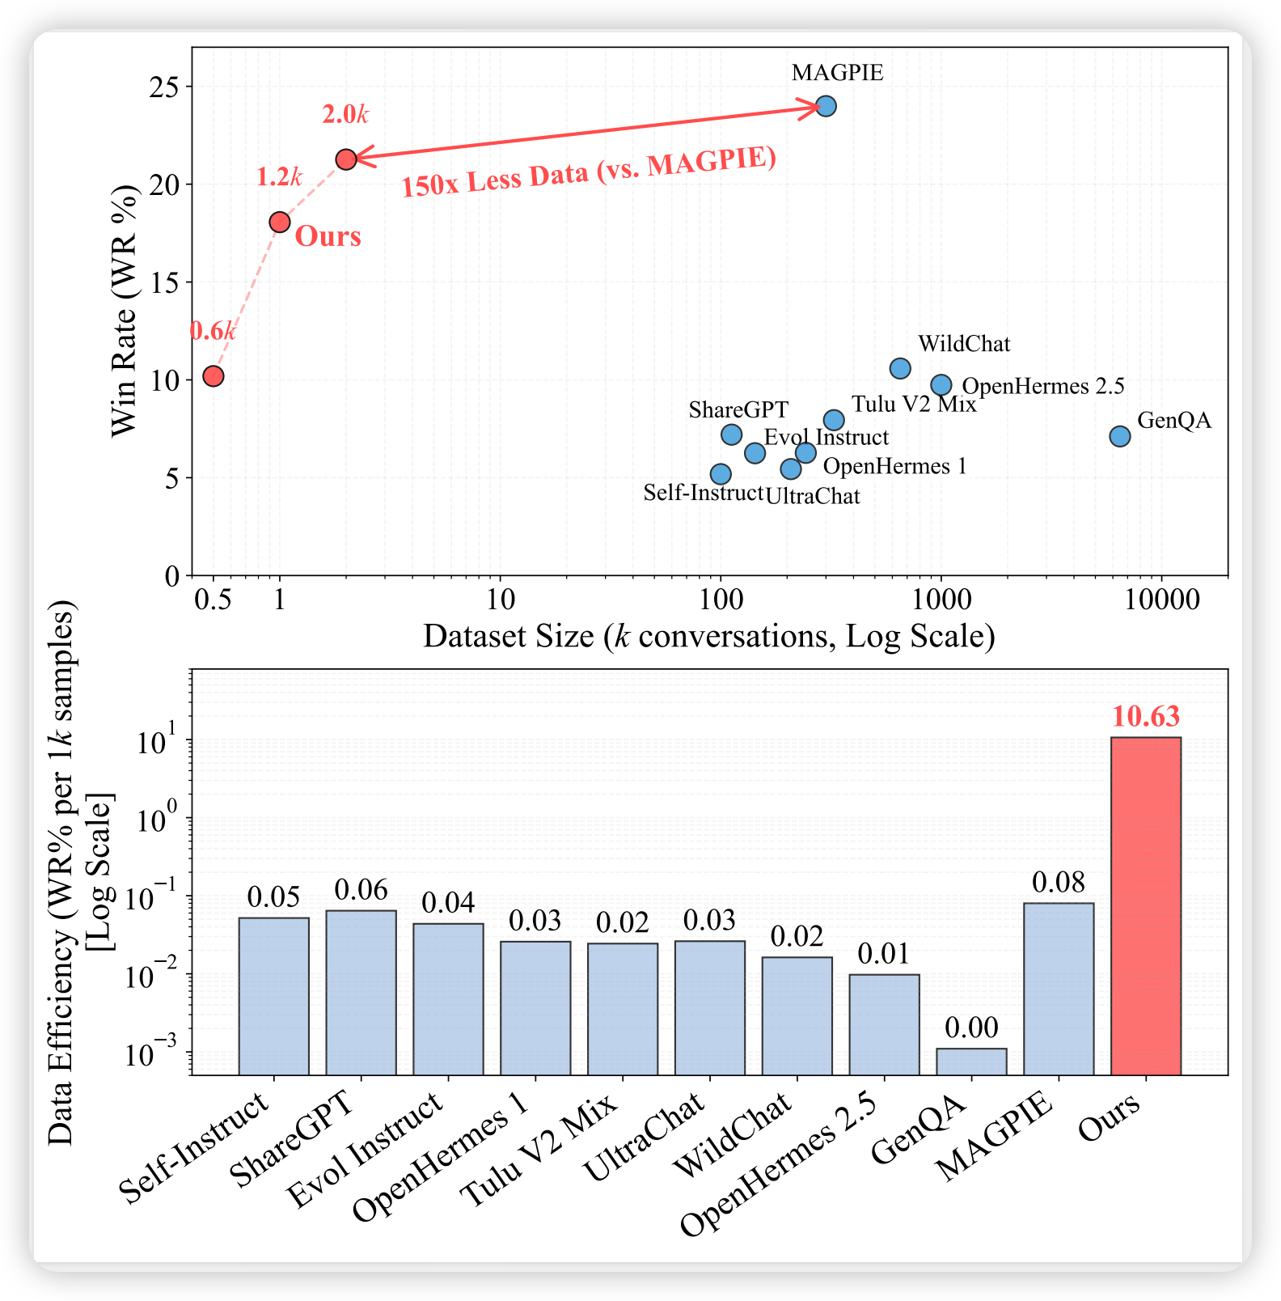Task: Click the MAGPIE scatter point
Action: pos(826,106)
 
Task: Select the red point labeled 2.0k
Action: pos(346,159)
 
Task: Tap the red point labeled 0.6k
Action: pos(213,376)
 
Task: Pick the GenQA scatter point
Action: pos(1120,436)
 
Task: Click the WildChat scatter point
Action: pos(900,368)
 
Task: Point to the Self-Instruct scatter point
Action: pos(721,473)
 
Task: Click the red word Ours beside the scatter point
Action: pos(328,236)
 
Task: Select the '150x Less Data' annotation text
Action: pos(589,172)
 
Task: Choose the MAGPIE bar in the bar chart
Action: pos(1059,988)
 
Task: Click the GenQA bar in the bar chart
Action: pos(971,1061)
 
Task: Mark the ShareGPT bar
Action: pos(361,992)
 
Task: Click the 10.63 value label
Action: pos(1145,717)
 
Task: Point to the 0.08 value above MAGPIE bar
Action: pos(1059,883)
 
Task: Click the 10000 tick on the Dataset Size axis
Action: pos(1161,600)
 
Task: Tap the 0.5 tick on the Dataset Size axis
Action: pos(213,600)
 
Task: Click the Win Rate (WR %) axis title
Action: pos(125,311)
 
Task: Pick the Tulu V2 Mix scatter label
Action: pos(914,404)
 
